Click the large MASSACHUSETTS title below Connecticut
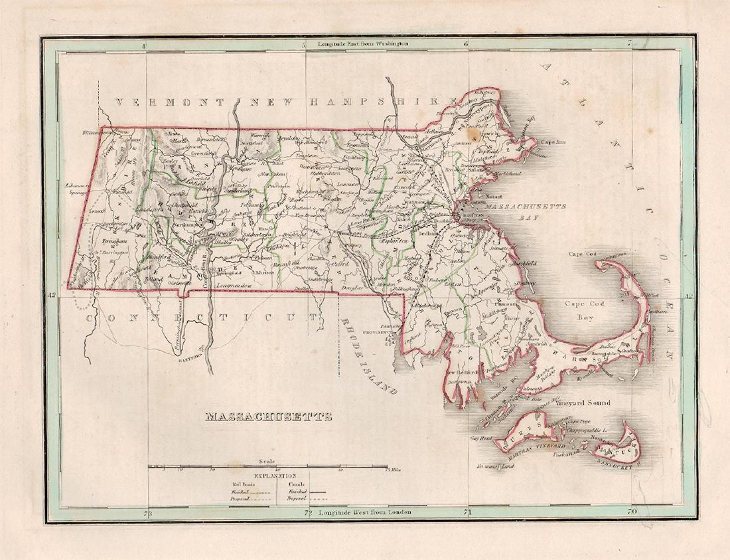tap(268, 418)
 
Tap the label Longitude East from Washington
tap(362, 44)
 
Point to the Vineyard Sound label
tap(583, 403)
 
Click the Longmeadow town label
tap(238, 284)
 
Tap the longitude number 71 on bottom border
tap(467, 512)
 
